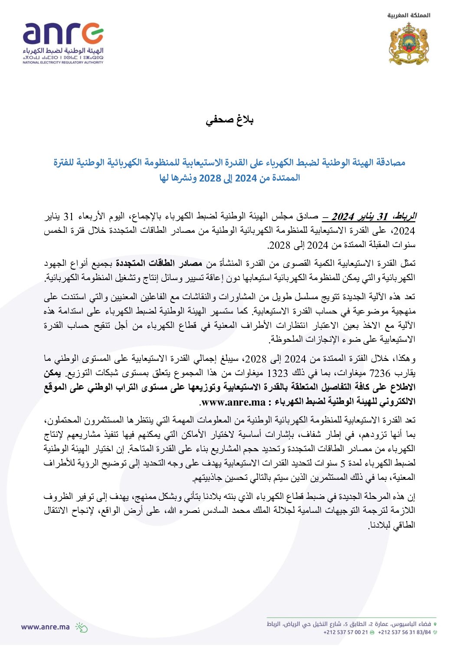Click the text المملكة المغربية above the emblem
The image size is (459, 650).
coord(409,15)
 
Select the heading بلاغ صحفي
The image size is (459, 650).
coord(229,120)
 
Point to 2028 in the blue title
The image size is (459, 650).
coord(210,178)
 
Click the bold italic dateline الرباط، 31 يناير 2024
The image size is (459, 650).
coord(374,216)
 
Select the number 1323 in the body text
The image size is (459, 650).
coord(278,373)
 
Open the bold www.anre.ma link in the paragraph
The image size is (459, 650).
coord(233,402)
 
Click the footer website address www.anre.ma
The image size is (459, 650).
coord(46,627)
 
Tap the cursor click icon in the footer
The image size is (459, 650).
coord(81,627)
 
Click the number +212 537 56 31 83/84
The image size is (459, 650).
coord(404,632)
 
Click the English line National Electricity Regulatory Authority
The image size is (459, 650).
coord(63,63)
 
